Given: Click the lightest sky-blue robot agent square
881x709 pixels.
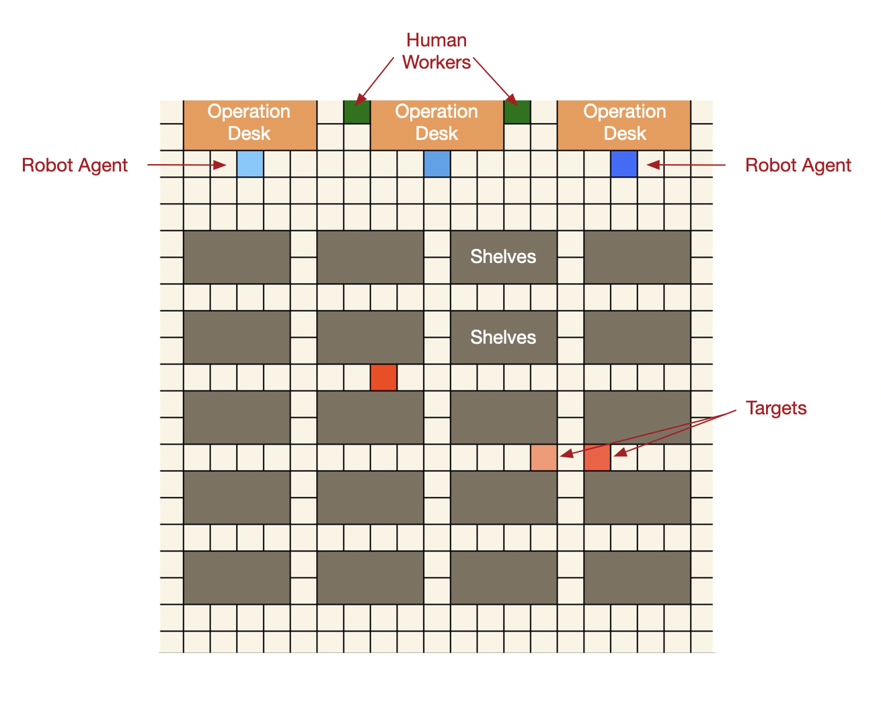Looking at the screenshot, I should pyautogui.click(x=250, y=164).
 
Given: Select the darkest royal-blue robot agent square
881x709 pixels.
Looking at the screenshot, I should pyautogui.click(x=624, y=164).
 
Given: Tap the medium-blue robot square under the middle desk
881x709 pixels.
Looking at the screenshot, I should pyautogui.click(x=437, y=164).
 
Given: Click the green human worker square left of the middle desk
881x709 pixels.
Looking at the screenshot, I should pyautogui.click(x=356, y=112).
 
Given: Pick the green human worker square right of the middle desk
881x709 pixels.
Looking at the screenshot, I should pyautogui.click(x=517, y=112).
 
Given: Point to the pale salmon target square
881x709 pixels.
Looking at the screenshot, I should pyautogui.click(x=543, y=457).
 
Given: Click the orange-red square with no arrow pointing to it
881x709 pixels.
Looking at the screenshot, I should pyautogui.click(x=383, y=377).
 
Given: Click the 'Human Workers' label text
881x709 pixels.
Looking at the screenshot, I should pyautogui.click(x=436, y=51).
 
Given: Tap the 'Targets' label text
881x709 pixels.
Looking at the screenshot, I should pyautogui.click(x=776, y=408).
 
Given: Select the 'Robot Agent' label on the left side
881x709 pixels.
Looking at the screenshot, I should pyautogui.click(x=75, y=165).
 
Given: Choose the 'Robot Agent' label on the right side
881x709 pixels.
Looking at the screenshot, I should pyautogui.click(x=798, y=165).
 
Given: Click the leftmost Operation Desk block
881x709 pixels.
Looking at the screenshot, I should pyautogui.click(x=250, y=125).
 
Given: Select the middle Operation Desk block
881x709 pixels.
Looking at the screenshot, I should pyautogui.click(x=437, y=125).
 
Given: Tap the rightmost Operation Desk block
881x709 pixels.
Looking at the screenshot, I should pyautogui.click(x=624, y=125).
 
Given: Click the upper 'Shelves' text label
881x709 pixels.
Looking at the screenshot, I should pyautogui.click(x=503, y=256).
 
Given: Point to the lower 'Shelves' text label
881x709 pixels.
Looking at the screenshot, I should pyautogui.click(x=503, y=337).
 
